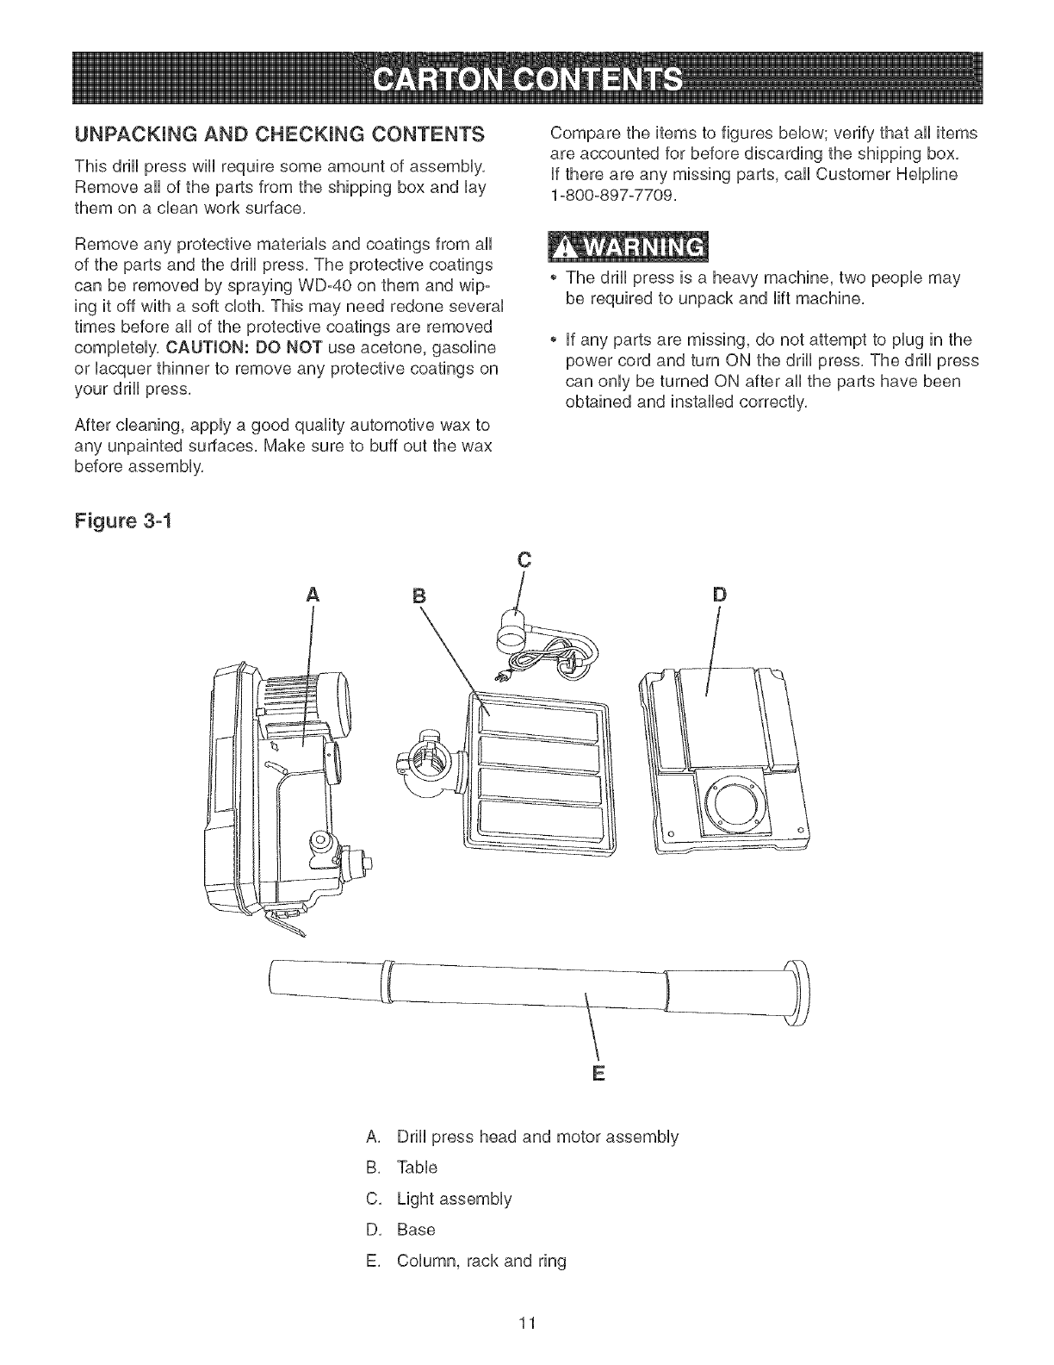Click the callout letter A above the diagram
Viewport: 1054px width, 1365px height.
point(312,595)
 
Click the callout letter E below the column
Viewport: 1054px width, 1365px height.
point(598,1074)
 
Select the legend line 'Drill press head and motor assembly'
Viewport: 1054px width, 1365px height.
point(537,1137)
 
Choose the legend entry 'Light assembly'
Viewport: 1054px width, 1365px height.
point(453,1199)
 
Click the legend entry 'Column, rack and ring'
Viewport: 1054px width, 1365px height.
point(481,1261)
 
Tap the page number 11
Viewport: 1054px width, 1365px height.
point(527,1323)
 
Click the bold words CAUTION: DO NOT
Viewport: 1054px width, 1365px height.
point(227,348)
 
